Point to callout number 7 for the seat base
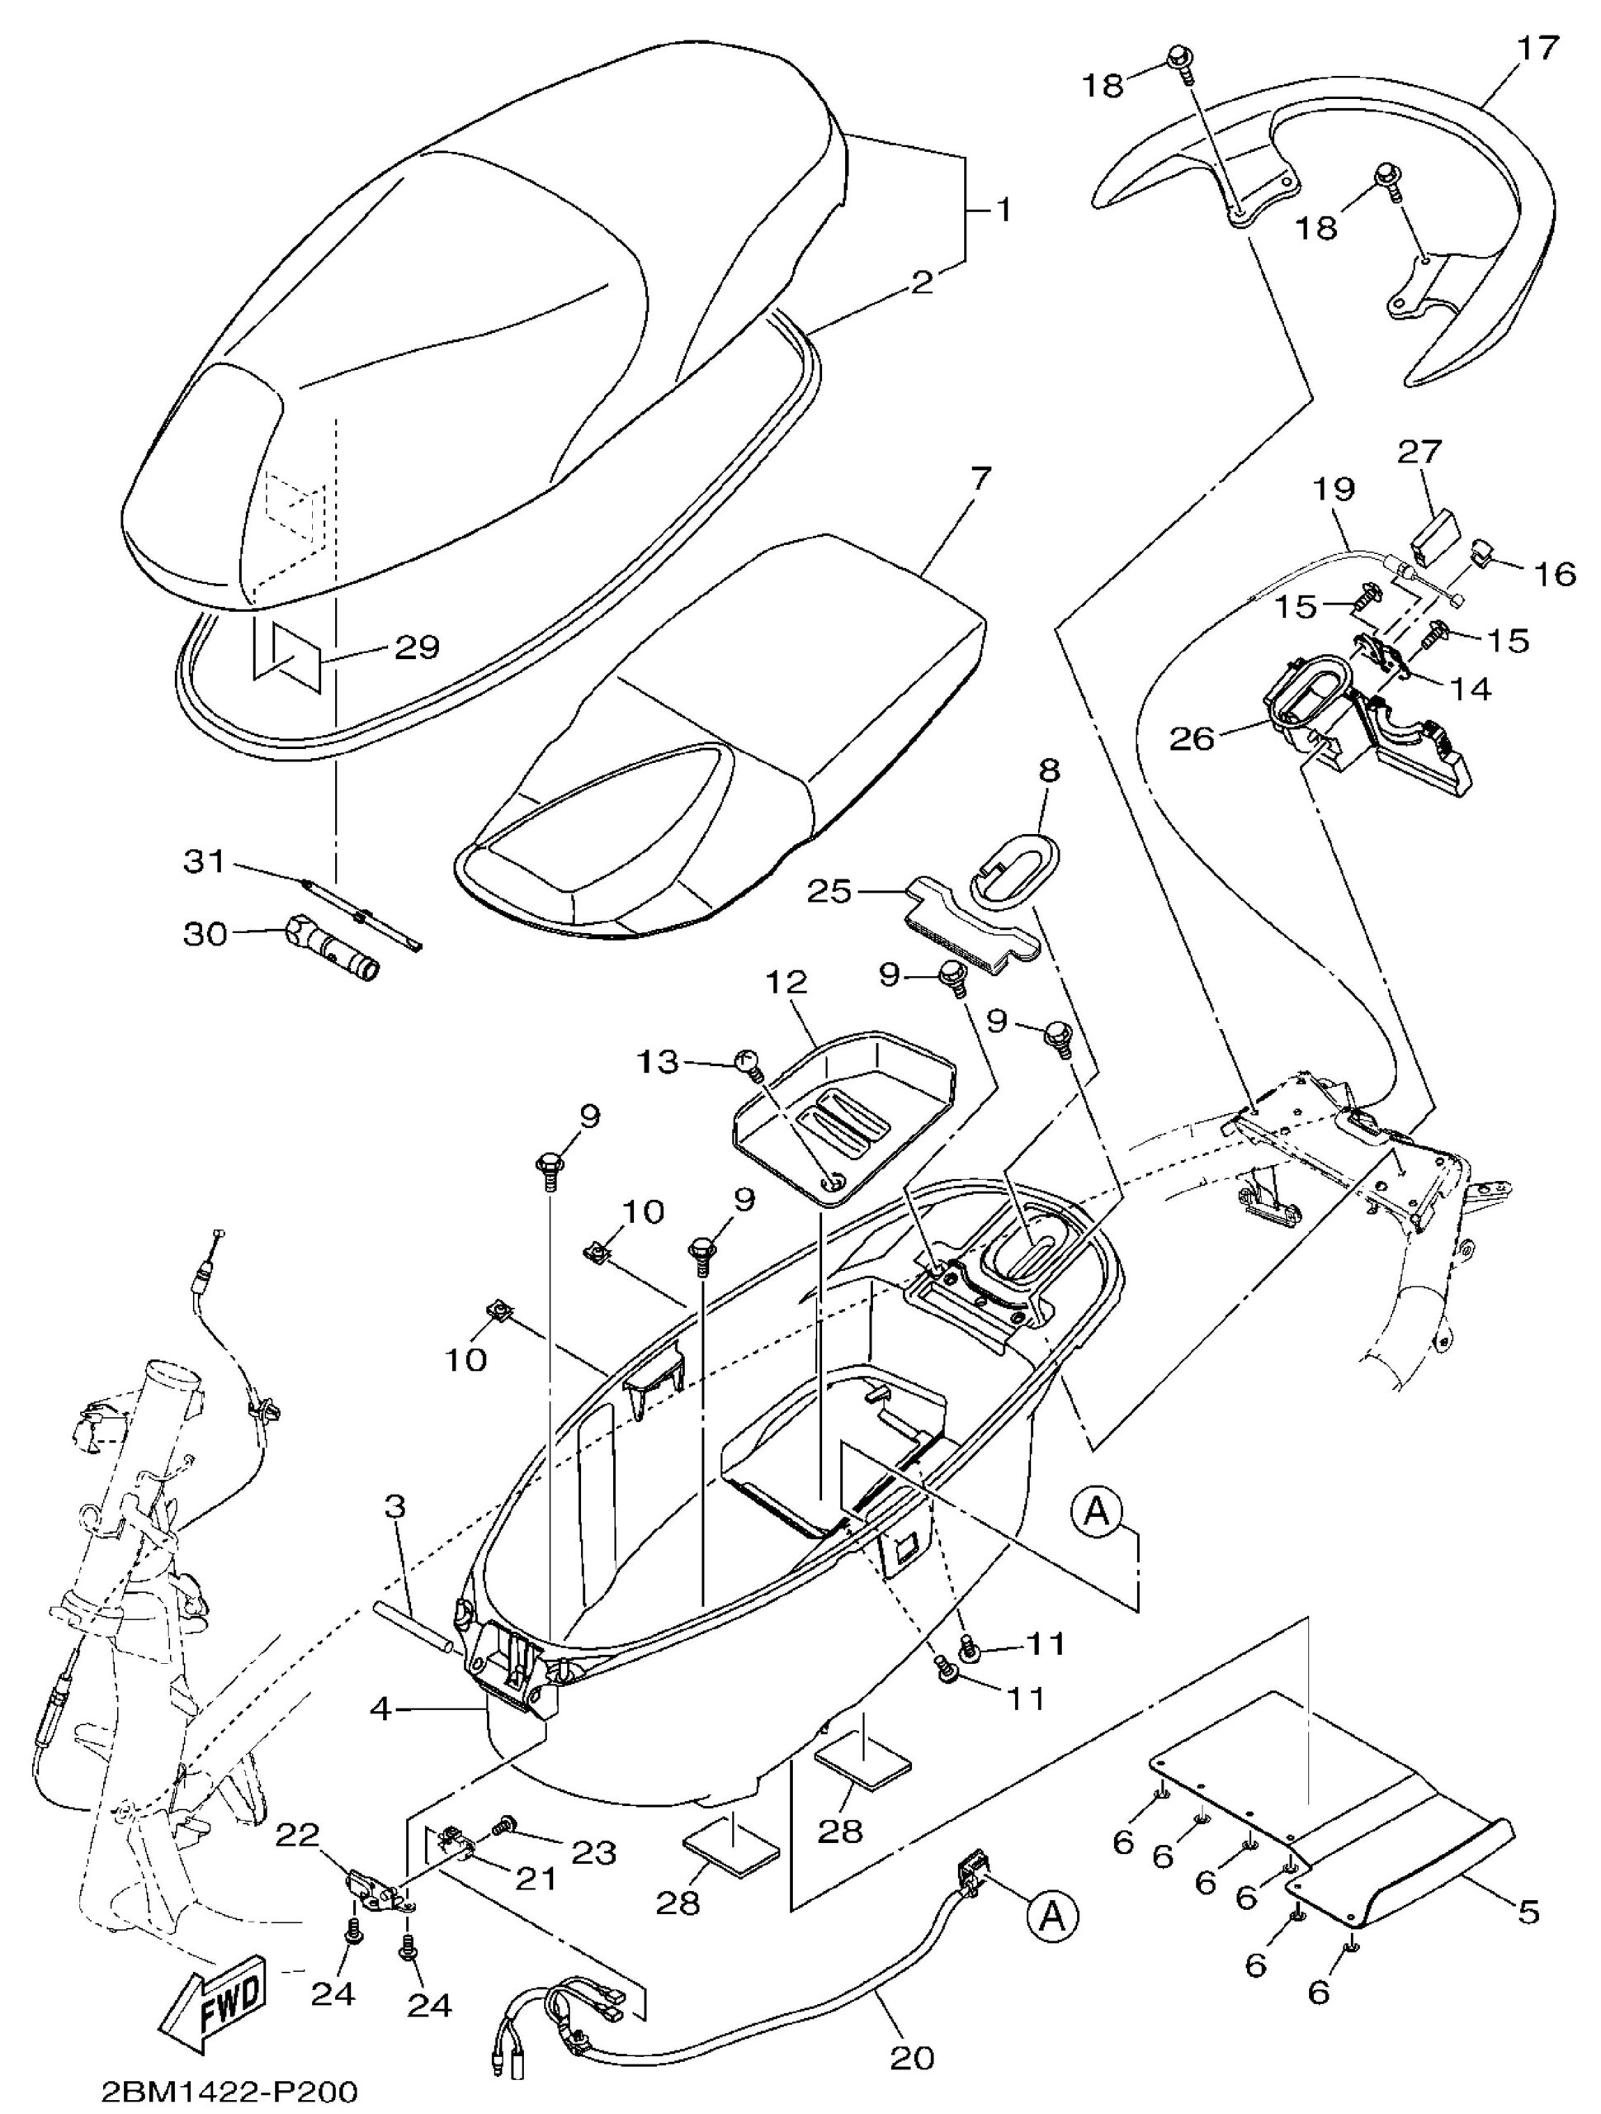pyautogui.click(x=981, y=478)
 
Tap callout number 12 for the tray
pyautogui.click(x=784, y=983)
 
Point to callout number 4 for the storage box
pyautogui.click(x=380, y=1709)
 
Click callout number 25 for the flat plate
pyautogui.click(x=829, y=893)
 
